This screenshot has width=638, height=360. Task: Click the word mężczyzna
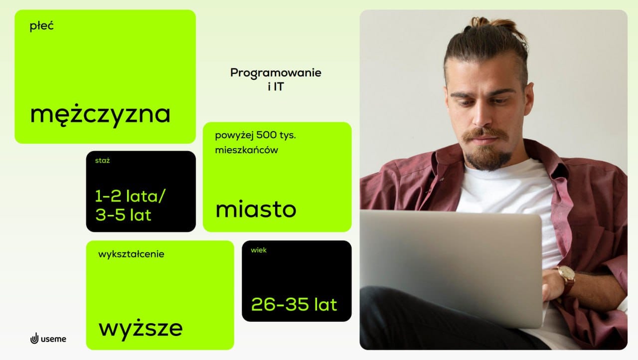(100, 115)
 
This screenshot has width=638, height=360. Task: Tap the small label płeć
(41, 26)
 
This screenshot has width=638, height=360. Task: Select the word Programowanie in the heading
(276, 73)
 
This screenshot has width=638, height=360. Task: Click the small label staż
(102, 161)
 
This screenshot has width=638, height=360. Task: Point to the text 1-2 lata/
(130, 196)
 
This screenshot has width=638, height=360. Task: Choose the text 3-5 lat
(123, 215)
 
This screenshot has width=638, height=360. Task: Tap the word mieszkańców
(246, 150)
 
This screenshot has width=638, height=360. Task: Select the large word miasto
(256, 209)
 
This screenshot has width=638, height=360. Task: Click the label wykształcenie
(131, 254)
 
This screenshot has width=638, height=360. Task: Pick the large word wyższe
(141, 329)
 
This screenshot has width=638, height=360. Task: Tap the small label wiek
(259, 250)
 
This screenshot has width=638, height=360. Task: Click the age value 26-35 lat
(294, 304)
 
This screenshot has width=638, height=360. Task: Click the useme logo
(48, 339)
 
